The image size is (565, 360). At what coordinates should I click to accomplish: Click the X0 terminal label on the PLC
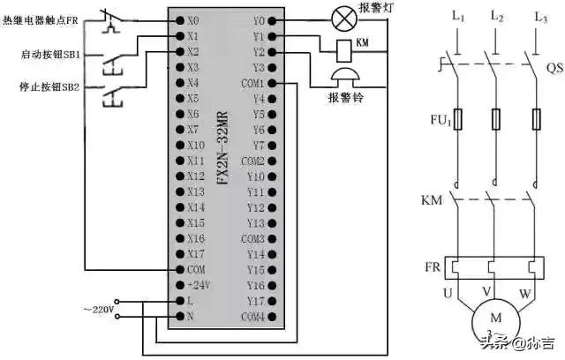click(x=194, y=19)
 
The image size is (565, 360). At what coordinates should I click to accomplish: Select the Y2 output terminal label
click(x=258, y=52)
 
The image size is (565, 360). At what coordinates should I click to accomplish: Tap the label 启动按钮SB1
click(x=49, y=55)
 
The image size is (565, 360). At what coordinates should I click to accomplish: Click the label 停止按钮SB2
click(x=49, y=87)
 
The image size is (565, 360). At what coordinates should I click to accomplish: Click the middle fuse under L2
click(x=495, y=118)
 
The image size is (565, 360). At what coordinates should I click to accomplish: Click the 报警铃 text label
click(x=345, y=97)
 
